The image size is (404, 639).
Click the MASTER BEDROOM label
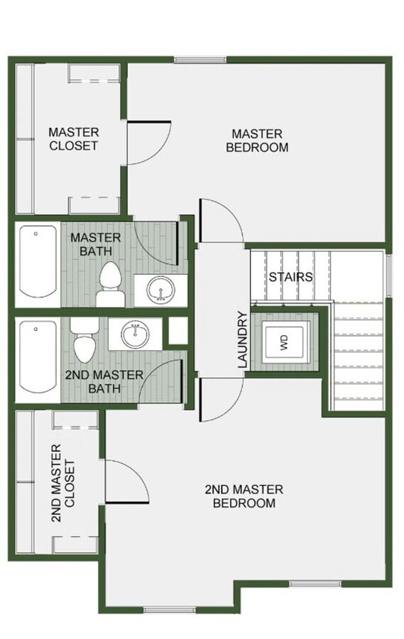tap(256, 141)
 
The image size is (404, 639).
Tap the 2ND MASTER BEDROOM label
tap(244, 496)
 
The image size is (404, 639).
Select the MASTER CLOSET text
tap(73, 138)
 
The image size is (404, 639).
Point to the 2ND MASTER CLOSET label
tap(62, 483)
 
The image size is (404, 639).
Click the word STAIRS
tap(290, 277)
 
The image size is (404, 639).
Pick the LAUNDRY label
tap(242, 339)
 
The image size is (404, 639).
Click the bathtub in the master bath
tap(38, 261)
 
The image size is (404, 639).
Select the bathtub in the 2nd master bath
tap(38, 356)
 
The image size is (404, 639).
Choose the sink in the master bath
tap(162, 290)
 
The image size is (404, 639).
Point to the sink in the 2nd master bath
tap(134, 334)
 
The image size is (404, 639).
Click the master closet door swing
tap(147, 142)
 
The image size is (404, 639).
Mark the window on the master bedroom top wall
tap(200, 60)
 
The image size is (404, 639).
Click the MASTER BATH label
tap(95, 244)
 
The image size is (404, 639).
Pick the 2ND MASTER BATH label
tap(104, 381)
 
